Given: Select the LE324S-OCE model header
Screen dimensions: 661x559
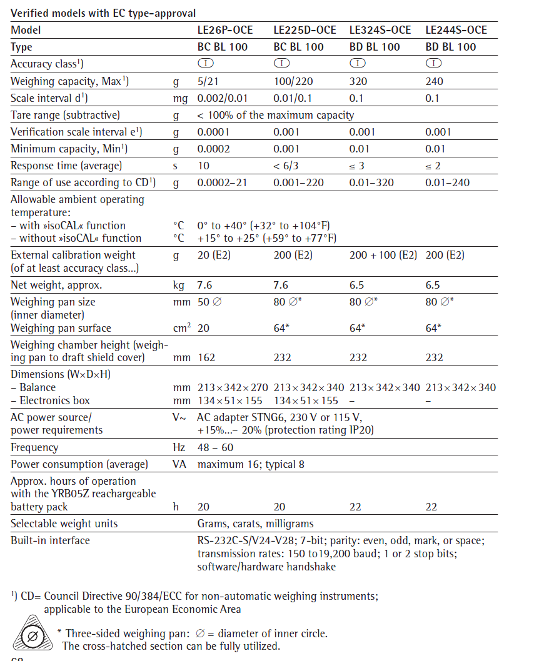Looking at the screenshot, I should [380, 30].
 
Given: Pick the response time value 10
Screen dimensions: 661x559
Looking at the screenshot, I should [204, 166].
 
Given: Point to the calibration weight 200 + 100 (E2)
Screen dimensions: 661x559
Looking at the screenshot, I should [383, 255].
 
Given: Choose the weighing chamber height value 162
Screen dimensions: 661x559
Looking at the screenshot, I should [206, 357].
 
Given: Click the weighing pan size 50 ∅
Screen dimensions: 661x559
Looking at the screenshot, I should [208, 302].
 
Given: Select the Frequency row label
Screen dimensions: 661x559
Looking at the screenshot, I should [34, 447].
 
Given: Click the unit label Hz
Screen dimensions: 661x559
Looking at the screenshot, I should [179, 447].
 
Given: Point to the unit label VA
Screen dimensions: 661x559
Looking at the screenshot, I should [179, 464].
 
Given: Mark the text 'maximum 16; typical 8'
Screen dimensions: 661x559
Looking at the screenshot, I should [251, 464].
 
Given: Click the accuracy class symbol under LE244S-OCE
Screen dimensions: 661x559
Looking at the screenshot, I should [433, 63].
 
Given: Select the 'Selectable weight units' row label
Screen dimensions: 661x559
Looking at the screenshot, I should [64, 524].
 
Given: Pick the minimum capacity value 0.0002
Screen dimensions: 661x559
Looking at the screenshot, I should [213, 149].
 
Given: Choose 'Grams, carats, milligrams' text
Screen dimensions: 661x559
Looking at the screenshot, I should [255, 524].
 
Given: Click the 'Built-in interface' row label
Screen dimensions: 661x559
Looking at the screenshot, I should [50, 540].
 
